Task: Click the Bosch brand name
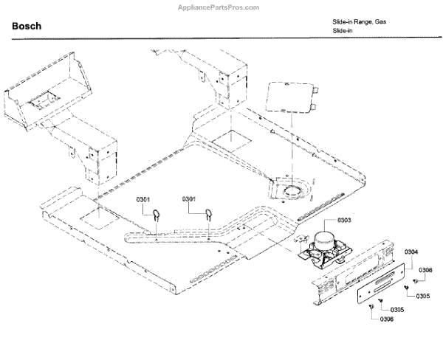coord(27,27)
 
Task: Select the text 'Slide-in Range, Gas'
coord(360,22)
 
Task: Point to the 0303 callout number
coord(344,221)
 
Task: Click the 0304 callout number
coord(411,252)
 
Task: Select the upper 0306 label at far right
coord(426,270)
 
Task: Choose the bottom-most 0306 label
coord(387,319)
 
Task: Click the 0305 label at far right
coord(422,296)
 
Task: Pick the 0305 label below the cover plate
coord(397,309)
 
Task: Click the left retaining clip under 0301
coord(157,215)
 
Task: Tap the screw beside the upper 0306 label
coord(416,281)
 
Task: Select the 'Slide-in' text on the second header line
coord(340,32)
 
